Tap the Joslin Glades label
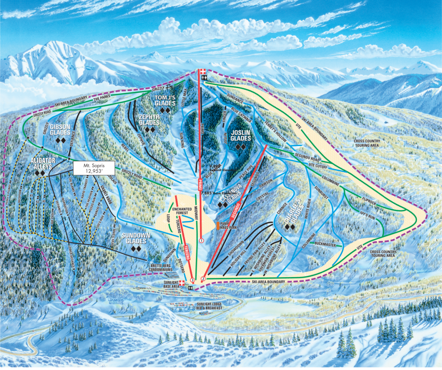coord(240,135)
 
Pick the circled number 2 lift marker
coord(203,279)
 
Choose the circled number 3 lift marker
coord(192,280)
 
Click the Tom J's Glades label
coord(165,101)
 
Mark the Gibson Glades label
coord(60,129)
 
